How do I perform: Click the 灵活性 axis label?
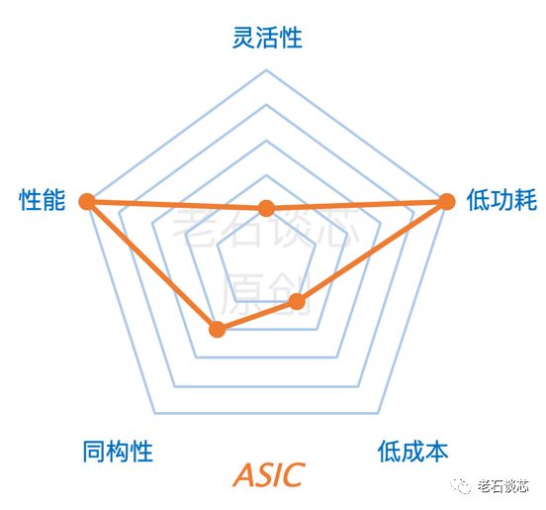coord(267,38)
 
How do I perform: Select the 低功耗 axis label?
coord(501,200)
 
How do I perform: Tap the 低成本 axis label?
coord(413,452)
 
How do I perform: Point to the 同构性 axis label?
coord(118,452)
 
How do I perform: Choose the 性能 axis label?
coord(43,200)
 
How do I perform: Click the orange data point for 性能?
coord(87,201)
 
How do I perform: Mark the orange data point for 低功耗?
coord(446,201)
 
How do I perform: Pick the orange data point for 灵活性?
coord(266,208)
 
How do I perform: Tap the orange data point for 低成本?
coord(297,301)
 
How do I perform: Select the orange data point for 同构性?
coord(218,329)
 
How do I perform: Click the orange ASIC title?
coord(268,474)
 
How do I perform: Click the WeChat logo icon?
coord(461,485)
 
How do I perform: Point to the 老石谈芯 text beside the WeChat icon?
coord(503,485)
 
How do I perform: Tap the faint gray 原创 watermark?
coord(266,293)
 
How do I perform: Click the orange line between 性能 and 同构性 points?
coord(152,265)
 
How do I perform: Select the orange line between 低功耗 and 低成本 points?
coord(372,252)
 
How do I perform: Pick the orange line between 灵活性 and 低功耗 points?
coord(356,205)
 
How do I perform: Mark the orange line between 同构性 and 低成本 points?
coord(257,315)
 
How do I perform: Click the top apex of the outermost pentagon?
coord(266,70)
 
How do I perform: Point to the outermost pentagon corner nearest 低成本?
coord(379,413)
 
